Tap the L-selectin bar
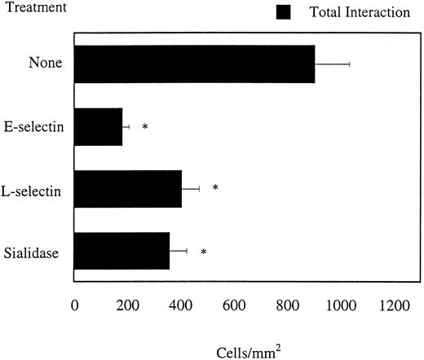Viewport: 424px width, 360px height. (x=127, y=189)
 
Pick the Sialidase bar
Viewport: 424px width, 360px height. (x=121, y=252)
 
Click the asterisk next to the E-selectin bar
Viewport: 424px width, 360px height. (x=144, y=127)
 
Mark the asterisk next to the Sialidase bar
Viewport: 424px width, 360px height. (x=203, y=252)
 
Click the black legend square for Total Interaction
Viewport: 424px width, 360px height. (x=284, y=12)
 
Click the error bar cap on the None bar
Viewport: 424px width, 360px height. (x=350, y=64)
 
